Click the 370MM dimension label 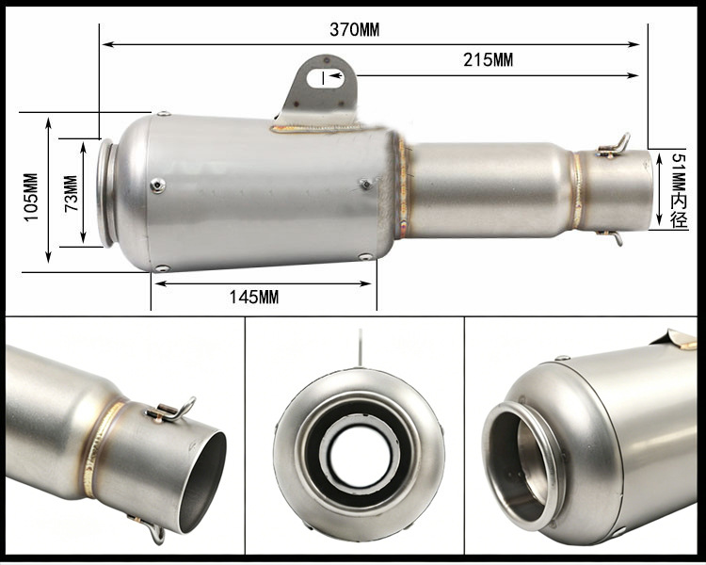(354, 30)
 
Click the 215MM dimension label (488, 60)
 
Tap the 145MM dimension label (254, 297)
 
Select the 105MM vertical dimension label (31, 197)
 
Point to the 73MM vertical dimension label (72, 193)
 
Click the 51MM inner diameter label (679, 190)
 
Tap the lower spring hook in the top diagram (612, 236)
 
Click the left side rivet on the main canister (157, 186)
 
